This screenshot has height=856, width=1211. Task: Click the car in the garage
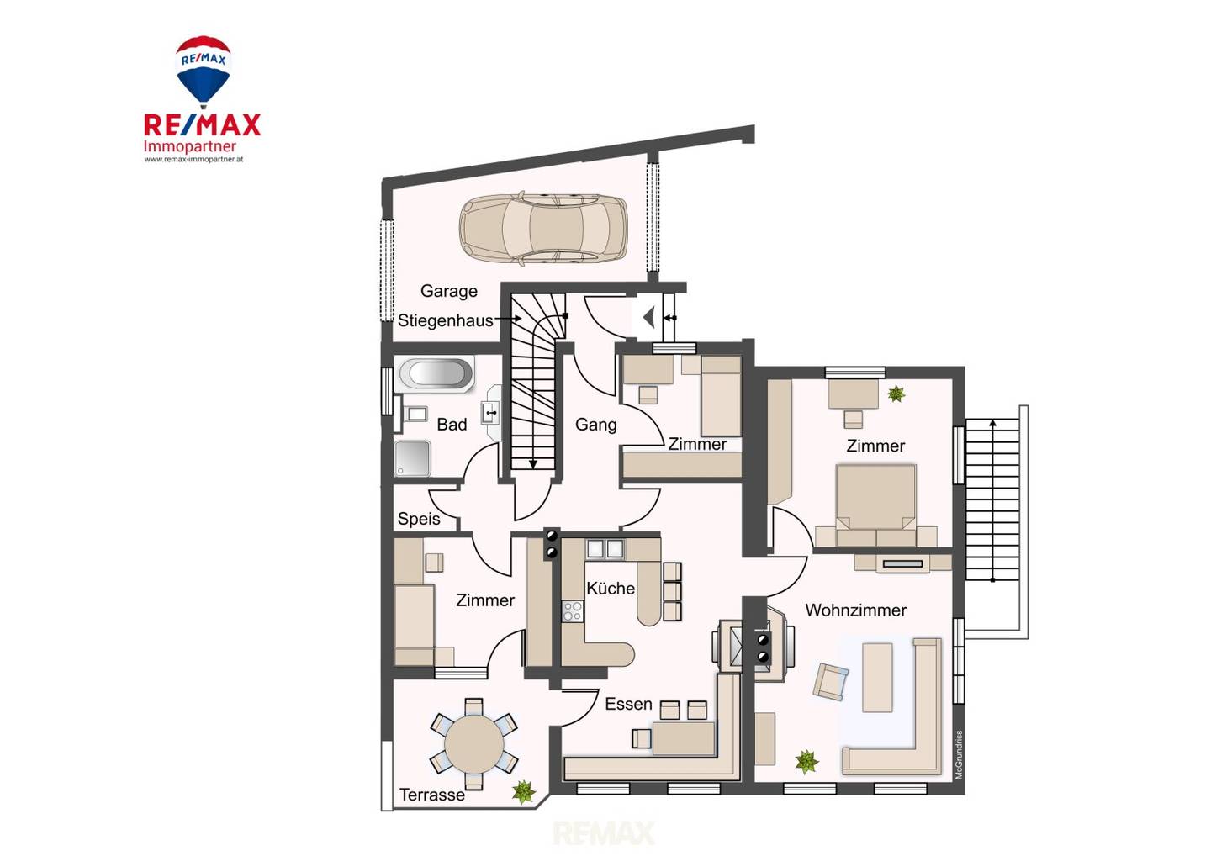[x=543, y=229]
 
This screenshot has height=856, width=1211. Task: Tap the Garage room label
[x=449, y=292]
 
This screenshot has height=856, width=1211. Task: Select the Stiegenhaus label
[x=446, y=320]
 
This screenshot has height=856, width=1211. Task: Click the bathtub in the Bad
[x=436, y=373]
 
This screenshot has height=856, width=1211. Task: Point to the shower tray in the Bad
[x=412, y=458]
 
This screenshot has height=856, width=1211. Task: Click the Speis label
[x=419, y=519]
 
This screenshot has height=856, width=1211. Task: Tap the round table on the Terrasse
[x=473, y=743]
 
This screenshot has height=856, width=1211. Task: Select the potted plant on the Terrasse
[x=523, y=792]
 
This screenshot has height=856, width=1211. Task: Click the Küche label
[x=611, y=588]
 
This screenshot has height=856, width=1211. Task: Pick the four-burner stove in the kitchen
[x=573, y=611]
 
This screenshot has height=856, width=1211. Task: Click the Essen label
[x=628, y=704]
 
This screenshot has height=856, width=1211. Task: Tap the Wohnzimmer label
[x=855, y=610]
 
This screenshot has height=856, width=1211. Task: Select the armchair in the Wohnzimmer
[x=830, y=681]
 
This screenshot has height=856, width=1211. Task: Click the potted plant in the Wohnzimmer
[x=806, y=762]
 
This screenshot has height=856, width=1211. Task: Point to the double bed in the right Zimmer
[x=875, y=505]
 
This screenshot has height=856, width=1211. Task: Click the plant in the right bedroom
[x=896, y=394]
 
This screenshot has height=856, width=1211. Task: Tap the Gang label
[x=595, y=425]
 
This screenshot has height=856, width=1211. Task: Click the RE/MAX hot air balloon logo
[x=204, y=71]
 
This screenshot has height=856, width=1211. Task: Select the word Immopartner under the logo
[x=190, y=146]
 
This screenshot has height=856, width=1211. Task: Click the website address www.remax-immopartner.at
[x=193, y=160]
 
